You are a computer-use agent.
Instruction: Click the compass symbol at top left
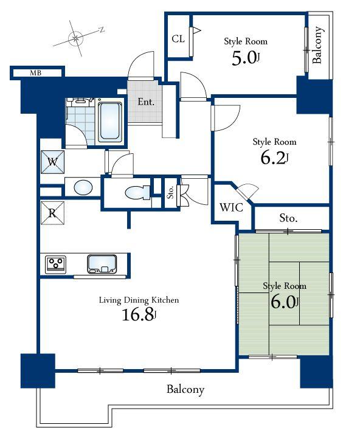(76, 38)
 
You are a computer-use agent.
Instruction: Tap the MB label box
(36, 74)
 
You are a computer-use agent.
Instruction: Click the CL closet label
(178, 40)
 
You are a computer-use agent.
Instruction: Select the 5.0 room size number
(244, 59)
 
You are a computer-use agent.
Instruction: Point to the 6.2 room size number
(274, 159)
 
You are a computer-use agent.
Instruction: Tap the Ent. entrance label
(145, 102)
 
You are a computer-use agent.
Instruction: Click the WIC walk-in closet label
(231, 207)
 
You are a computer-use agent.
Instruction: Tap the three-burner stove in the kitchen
(57, 264)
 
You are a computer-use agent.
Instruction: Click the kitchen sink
(102, 264)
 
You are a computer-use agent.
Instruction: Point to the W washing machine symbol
(52, 162)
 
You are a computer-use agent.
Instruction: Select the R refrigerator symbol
(52, 213)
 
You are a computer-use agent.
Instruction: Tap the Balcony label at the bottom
(185, 389)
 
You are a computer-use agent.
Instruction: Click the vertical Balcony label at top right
(317, 46)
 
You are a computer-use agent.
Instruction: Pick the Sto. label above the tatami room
(288, 218)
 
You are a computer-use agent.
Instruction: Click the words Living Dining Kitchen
(139, 300)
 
